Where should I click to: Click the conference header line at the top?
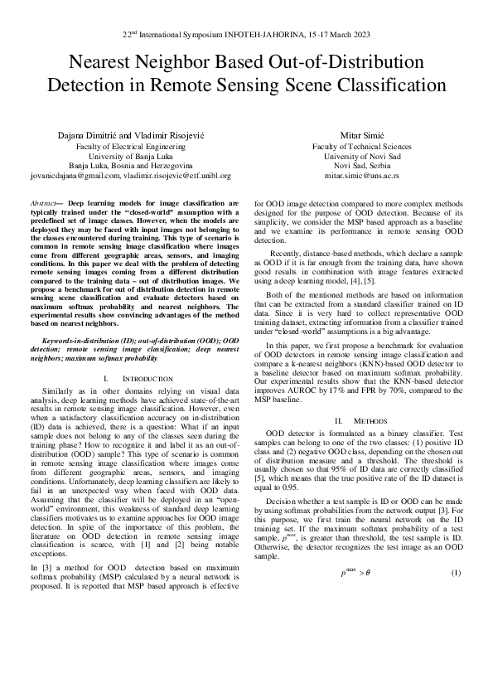click(246, 36)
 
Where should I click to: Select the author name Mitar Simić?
click(361, 133)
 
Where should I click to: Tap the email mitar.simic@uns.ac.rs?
click(362, 177)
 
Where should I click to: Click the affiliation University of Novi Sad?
click(362, 155)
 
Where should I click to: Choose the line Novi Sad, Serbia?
click(362, 166)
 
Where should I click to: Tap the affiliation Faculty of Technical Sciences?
click(362, 145)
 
